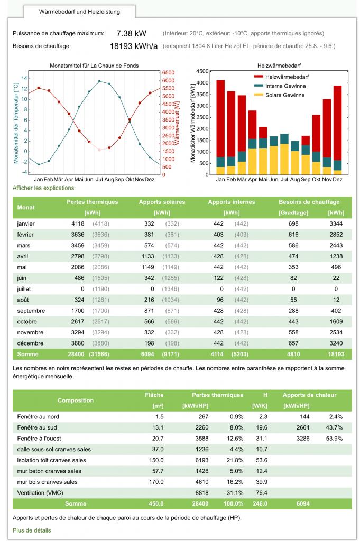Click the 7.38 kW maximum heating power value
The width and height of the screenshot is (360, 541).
131,33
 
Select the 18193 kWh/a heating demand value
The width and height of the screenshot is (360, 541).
134,46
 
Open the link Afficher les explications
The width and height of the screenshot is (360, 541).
43,188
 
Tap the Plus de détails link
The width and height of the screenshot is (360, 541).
32,530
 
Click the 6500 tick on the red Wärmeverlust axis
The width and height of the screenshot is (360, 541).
168,72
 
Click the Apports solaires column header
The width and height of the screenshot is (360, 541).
160,202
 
